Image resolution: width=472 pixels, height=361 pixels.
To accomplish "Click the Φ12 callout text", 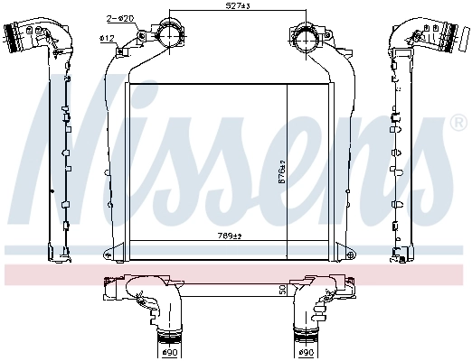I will click(x=106, y=37).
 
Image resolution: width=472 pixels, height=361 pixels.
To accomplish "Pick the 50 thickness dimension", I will click(x=283, y=291).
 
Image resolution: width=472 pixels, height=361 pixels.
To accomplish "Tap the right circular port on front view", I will click(x=304, y=39).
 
